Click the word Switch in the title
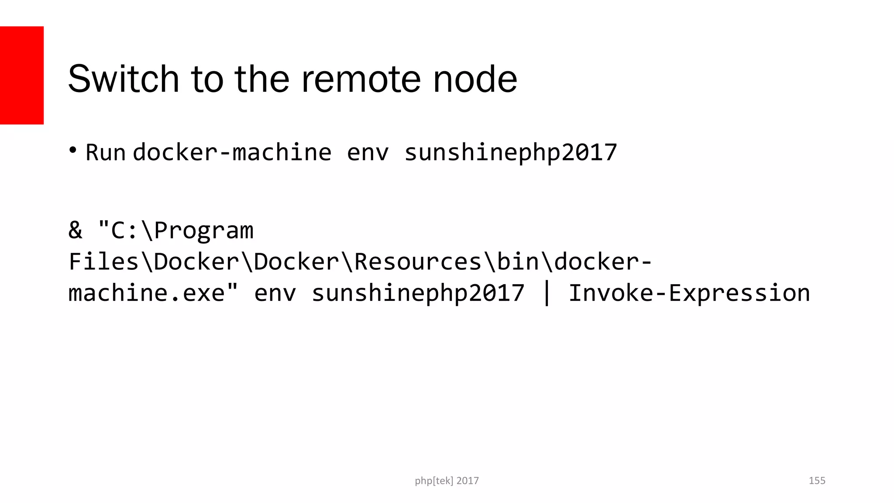124,79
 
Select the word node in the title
475,79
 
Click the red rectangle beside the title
22,75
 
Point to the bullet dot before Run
73,150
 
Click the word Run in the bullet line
105,152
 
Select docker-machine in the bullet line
232,152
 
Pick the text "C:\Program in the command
175,231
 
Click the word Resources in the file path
418,262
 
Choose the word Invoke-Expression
689,293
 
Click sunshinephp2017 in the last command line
418,293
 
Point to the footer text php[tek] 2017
447,481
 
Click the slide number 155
817,481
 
